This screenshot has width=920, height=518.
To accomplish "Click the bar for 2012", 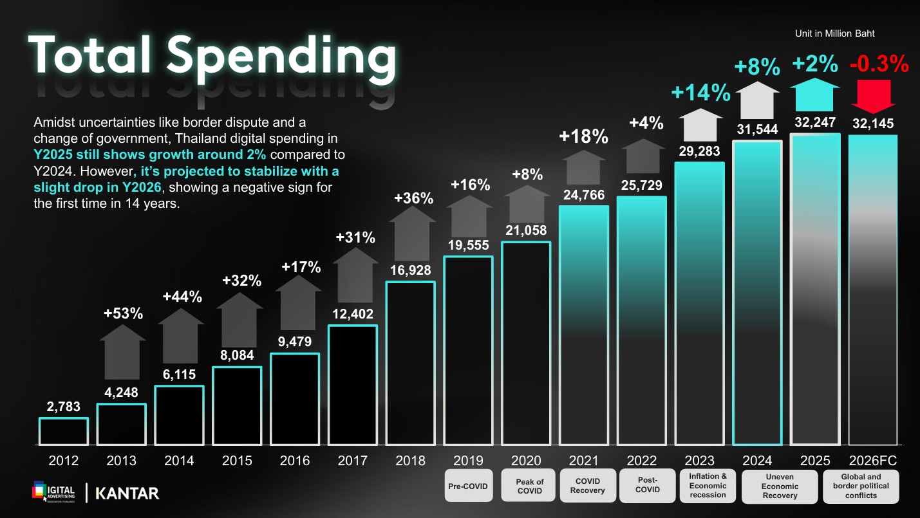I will click(63, 431).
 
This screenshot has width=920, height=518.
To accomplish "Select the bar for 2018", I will click(410, 364).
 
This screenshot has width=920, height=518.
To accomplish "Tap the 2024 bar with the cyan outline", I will click(758, 293).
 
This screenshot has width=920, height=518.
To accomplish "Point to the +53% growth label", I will click(123, 314).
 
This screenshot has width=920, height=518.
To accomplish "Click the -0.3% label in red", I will click(879, 64).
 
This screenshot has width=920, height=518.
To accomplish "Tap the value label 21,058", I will click(526, 230).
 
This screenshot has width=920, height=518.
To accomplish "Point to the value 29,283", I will click(699, 151).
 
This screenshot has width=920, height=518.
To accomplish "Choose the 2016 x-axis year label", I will click(294, 461).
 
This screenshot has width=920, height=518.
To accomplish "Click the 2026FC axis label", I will click(873, 461).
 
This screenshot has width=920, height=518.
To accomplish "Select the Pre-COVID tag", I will click(468, 486).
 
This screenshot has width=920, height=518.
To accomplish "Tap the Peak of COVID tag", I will click(530, 486).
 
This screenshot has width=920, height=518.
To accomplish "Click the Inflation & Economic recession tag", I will click(708, 486).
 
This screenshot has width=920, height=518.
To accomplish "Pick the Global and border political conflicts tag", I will click(861, 486).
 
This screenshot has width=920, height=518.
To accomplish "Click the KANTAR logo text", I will click(127, 494).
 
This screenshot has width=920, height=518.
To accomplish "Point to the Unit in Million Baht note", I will click(835, 33).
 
